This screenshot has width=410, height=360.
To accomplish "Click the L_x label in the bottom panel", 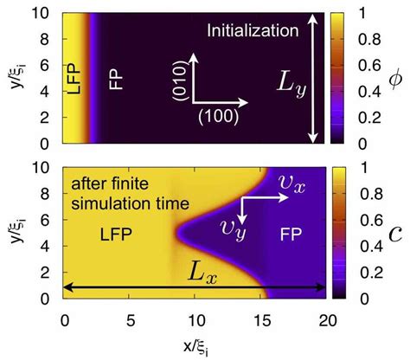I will point(200,273).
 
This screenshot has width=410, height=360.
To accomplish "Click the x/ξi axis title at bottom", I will point(195,349).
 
